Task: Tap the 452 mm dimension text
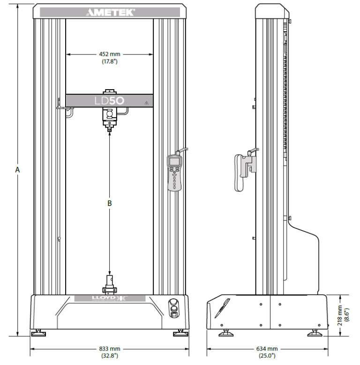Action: pos(109,54)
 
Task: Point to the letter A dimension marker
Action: pos(17,170)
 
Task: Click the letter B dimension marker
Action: pos(109,204)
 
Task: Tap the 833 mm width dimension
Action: pos(109,349)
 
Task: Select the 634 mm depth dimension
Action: pos(266,349)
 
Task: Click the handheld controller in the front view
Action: pos(174,172)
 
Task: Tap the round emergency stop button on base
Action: pos(173,303)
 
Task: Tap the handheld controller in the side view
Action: pos(244,170)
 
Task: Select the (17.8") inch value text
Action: pos(109,61)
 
